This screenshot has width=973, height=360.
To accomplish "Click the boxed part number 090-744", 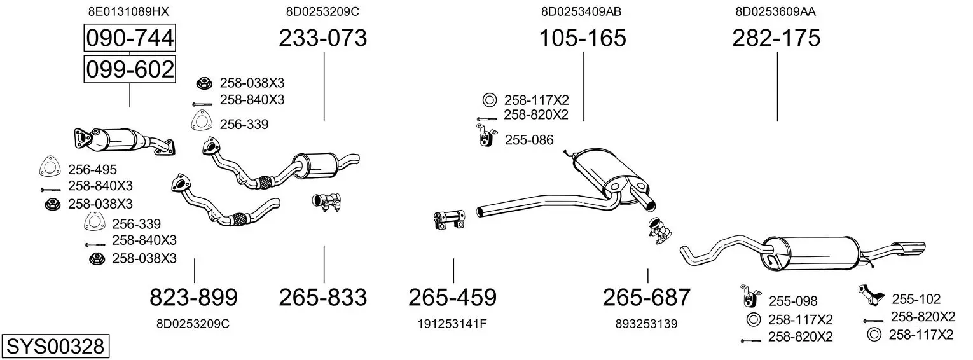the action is pyautogui.click(x=130, y=38).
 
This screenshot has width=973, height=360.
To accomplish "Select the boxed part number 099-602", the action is pyautogui.click(x=130, y=69).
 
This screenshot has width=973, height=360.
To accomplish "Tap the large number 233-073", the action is pyautogui.click(x=322, y=38).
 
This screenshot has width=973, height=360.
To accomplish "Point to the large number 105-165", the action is pyautogui.click(x=583, y=38).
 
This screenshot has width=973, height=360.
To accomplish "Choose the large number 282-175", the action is pyautogui.click(x=776, y=38).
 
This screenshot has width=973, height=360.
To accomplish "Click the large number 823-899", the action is pyautogui.click(x=194, y=298).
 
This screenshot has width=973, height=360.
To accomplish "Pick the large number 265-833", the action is pyautogui.click(x=322, y=298).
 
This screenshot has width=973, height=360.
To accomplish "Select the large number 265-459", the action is pyautogui.click(x=452, y=298).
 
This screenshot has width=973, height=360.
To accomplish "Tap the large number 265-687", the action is pyautogui.click(x=646, y=298).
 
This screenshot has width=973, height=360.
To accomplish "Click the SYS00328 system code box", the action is pyautogui.click(x=55, y=347).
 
